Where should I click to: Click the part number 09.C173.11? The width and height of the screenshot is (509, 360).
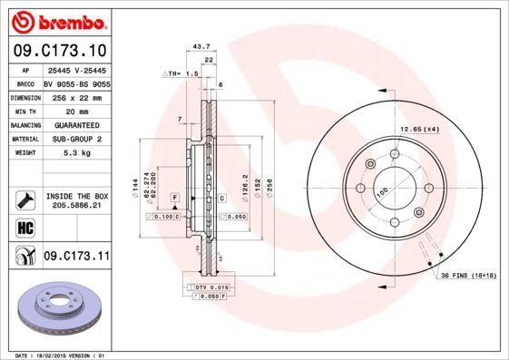(x=76, y=257)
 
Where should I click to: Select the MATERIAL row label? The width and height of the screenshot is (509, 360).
(x=24, y=139)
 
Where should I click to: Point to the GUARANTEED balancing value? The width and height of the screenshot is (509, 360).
(x=76, y=124)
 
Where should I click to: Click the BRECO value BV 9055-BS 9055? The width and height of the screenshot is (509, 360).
(x=76, y=83)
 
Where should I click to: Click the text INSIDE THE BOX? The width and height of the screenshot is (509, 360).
(x=76, y=195)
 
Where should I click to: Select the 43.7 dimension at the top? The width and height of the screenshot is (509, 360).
(x=202, y=45)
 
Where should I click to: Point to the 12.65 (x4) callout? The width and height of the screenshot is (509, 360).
(x=420, y=130)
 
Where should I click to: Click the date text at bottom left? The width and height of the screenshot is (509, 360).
(x=56, y=355)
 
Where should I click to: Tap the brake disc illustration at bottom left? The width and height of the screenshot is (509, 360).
(x=57, y=309)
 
